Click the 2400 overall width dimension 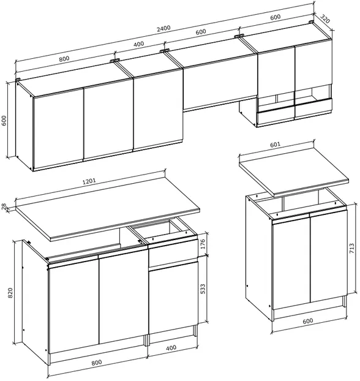[x=163, y=29]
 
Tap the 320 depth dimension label [x=325, y=19]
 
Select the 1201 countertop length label [x=89, y=181]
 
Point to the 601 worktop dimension [x=276, y=145]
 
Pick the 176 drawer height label [x=203, y=244]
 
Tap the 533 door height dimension [x=203, y=289]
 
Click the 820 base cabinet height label [x=10, y=293]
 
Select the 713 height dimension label [x=352, y=249]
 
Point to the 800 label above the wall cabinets [x=64, y=59]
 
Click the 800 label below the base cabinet [x=97, y=363]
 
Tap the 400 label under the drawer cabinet [x=171, y=348]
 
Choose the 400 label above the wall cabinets [x=139, y=44]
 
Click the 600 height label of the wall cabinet [x=4, y=121]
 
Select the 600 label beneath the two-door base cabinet [x=308, y=321]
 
